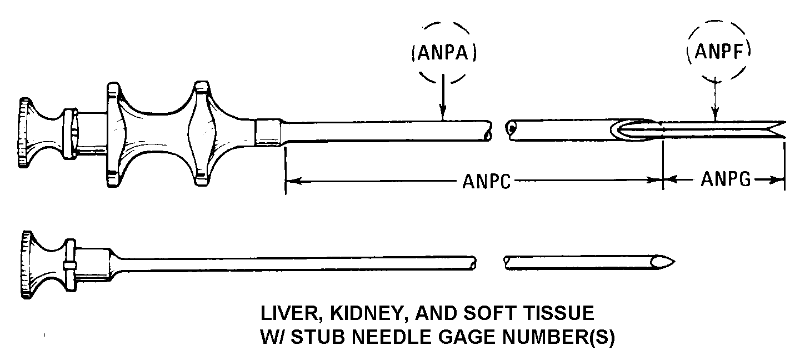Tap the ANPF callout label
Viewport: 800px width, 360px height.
[x=719, y=53]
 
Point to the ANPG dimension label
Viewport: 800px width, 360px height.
[x=726, y=180]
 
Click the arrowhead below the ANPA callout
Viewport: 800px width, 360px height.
[x=442, y=114]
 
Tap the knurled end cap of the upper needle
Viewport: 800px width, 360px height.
[x=24, y=132]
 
